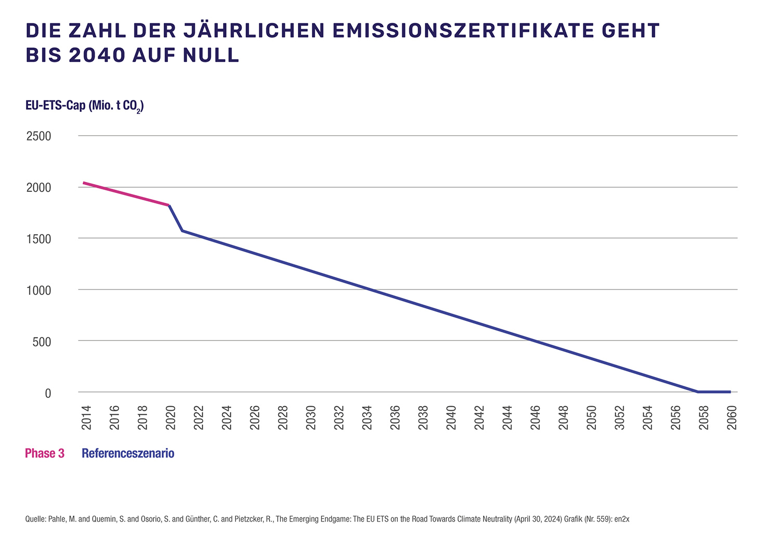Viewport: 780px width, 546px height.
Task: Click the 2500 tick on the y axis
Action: (x=39, y=136)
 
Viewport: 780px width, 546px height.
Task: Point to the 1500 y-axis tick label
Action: (x=39, y=239)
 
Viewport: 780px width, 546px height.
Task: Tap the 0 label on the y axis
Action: (x=48, y=393)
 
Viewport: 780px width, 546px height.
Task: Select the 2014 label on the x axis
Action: (x=86, y=418)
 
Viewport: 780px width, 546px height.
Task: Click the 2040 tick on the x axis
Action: (x=451, y=418)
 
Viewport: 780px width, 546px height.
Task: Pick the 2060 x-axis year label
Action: (x=732, y=418)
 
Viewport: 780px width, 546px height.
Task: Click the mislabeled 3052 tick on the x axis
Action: (x=620, y=418)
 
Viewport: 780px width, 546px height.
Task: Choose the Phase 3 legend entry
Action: (x=45, y=453)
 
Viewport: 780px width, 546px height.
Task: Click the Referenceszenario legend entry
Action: (x=128, y=453)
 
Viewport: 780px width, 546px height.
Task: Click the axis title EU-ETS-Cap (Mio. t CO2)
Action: (x=84, y=106)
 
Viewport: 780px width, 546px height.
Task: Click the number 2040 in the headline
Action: (x=97, y=56)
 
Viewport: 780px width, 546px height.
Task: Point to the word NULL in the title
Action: (x=211, y=56)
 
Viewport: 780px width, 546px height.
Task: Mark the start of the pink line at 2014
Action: (x=84, y=183)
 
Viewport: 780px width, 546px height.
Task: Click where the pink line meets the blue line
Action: (x=169, y=205)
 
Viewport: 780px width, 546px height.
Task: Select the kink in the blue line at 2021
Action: (x=183, y=230)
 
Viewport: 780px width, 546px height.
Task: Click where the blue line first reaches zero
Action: (x=698, y=392)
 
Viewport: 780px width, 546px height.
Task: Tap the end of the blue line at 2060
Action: (x=730, y=392)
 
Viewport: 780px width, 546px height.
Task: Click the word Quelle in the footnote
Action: (x=35, y=519)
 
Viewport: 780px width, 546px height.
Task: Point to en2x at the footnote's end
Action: (x=622, y=519)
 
